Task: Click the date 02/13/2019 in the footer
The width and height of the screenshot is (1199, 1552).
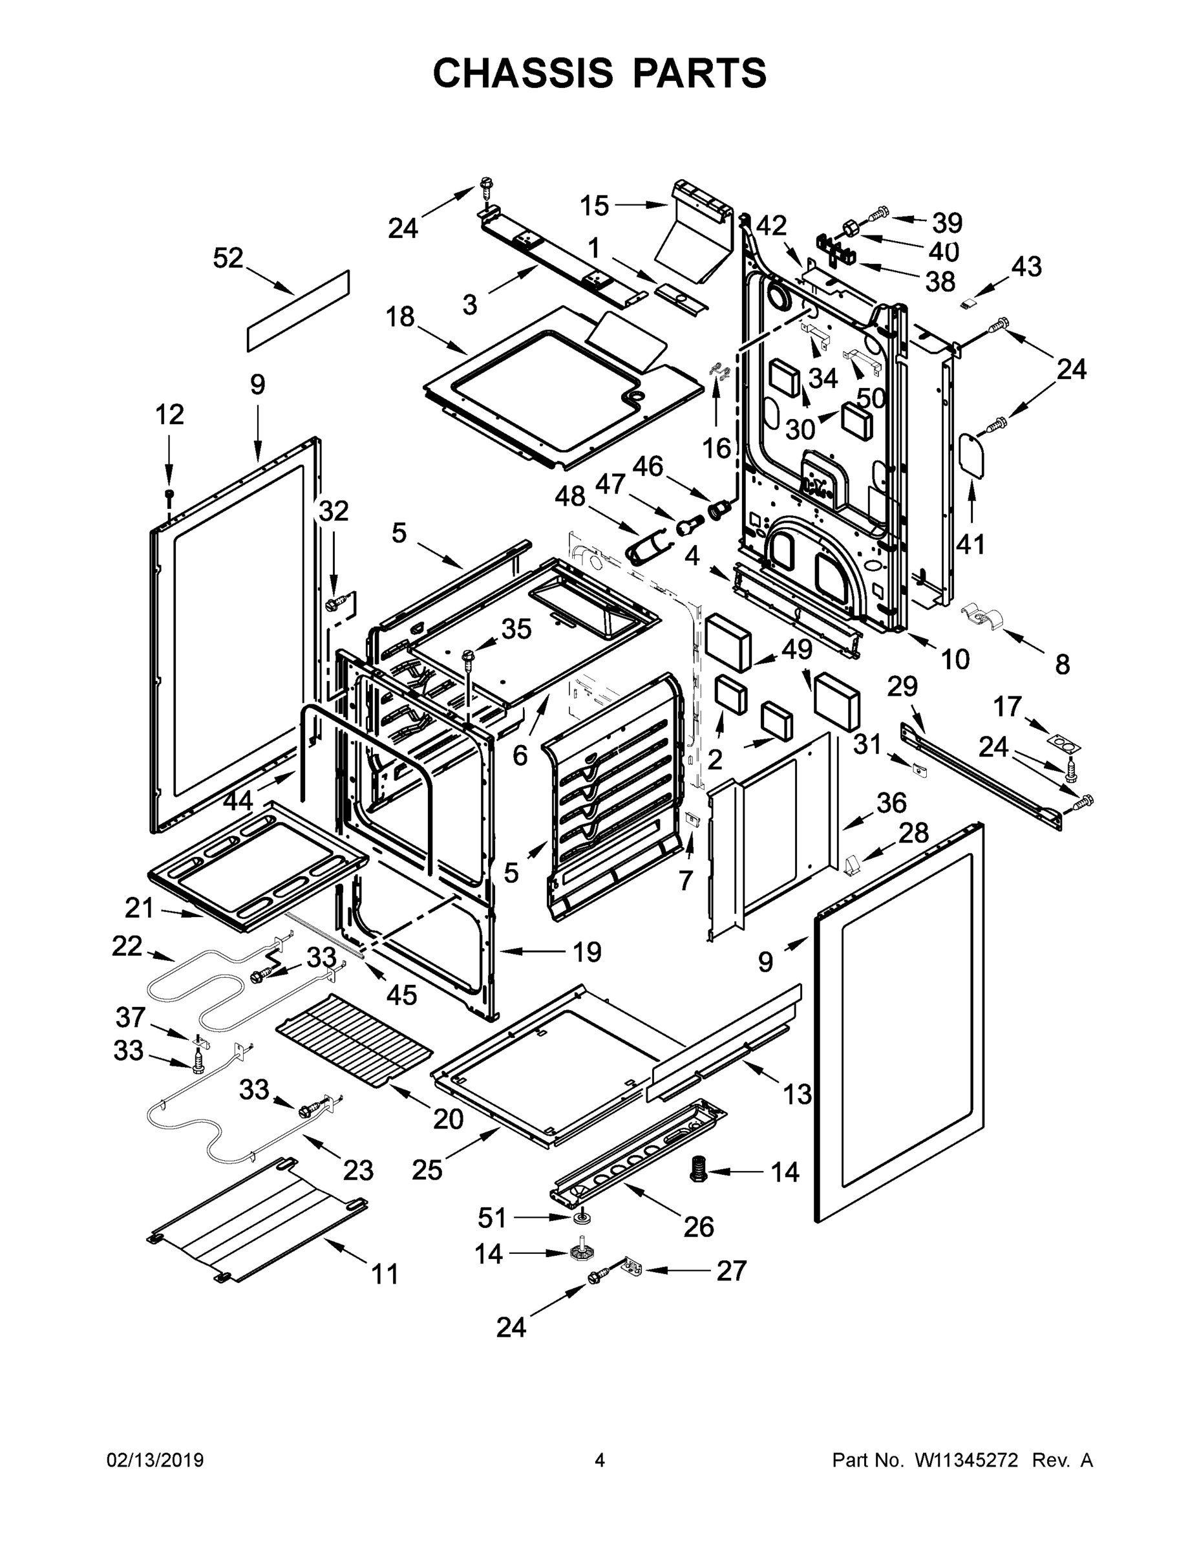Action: [155, 1460]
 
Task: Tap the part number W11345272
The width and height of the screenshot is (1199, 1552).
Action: [966, 1460]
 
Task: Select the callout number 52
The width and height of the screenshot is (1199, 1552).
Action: [228, 259]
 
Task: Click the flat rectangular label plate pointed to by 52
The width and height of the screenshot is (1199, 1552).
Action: [299, 310]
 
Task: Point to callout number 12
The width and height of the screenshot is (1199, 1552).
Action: [169, 415]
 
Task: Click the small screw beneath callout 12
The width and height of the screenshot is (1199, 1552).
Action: [169, 494]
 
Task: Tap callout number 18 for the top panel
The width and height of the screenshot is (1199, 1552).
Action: [400, 317]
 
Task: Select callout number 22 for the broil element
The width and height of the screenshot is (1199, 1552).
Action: [127, 946]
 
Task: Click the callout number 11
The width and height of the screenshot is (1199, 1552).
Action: [386, 1274]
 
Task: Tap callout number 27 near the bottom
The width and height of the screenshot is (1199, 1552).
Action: [732, 1271]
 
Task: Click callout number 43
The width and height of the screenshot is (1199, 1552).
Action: [1026, 266]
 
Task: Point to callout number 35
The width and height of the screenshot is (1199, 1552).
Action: [516, 629]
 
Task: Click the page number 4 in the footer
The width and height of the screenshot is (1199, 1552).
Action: [600, 1460]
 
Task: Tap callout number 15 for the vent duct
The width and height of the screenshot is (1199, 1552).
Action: [595, 206]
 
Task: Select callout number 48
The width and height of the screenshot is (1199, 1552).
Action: [569, 496]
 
